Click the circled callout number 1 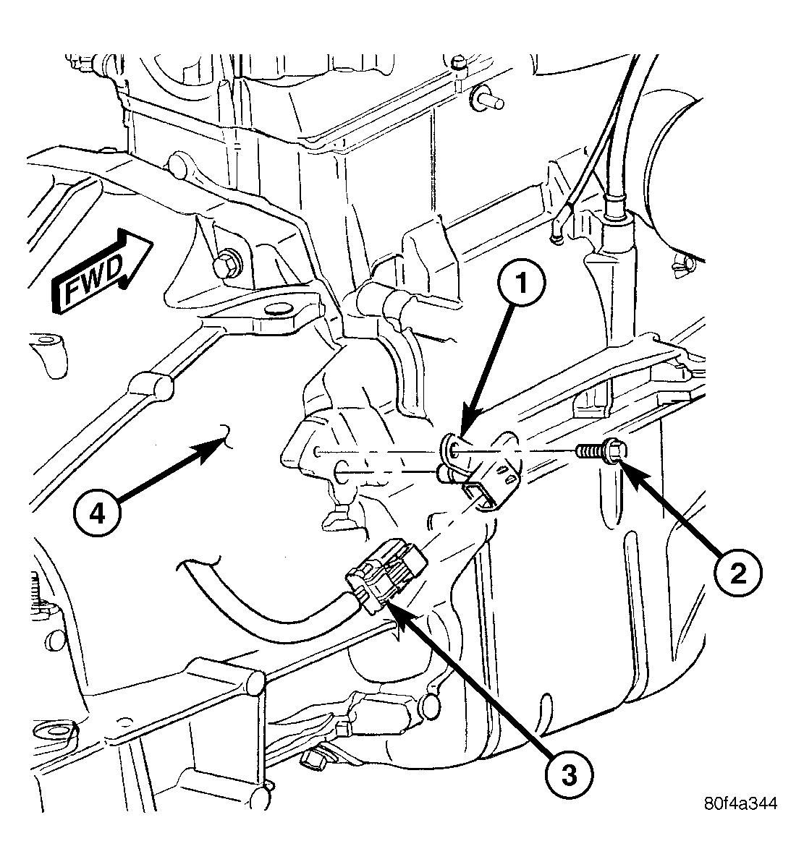point(521,283)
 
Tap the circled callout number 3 point(568,774)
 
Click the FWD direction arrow point(101,271)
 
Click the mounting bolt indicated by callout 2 point(600,452)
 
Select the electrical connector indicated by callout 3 point(386,574)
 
